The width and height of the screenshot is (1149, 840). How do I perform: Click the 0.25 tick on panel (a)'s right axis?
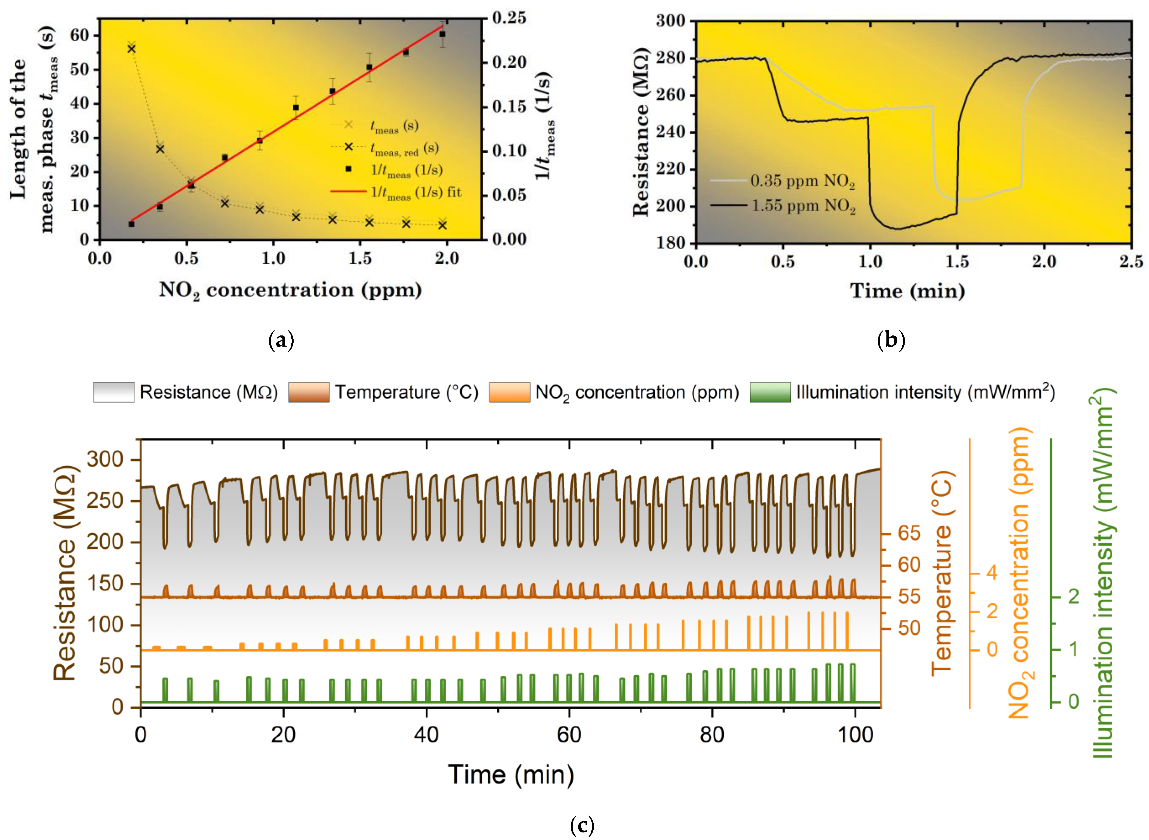[509, 18]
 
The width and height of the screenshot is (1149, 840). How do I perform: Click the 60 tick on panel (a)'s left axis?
[80, 35]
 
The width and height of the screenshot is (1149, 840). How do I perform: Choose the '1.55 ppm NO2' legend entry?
[783, 206]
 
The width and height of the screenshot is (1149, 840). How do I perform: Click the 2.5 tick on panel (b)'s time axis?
[1131, 262]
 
